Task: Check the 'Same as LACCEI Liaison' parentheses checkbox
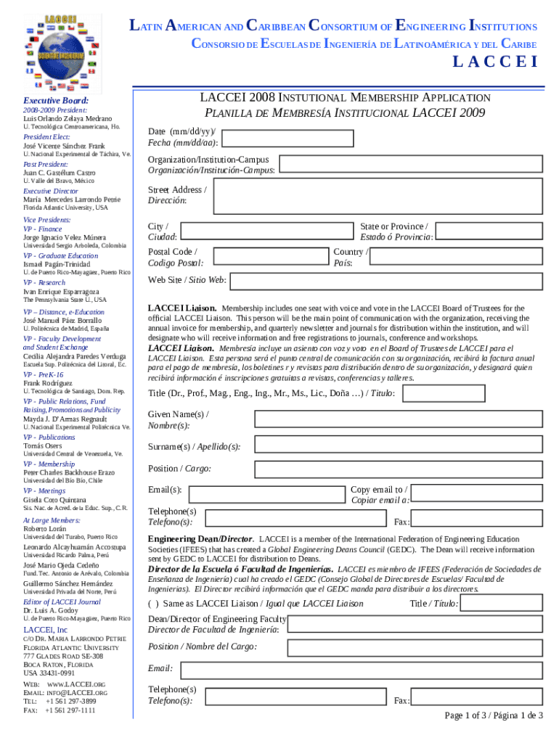154,603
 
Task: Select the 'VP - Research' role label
44,282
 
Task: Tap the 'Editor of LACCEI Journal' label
62,602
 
